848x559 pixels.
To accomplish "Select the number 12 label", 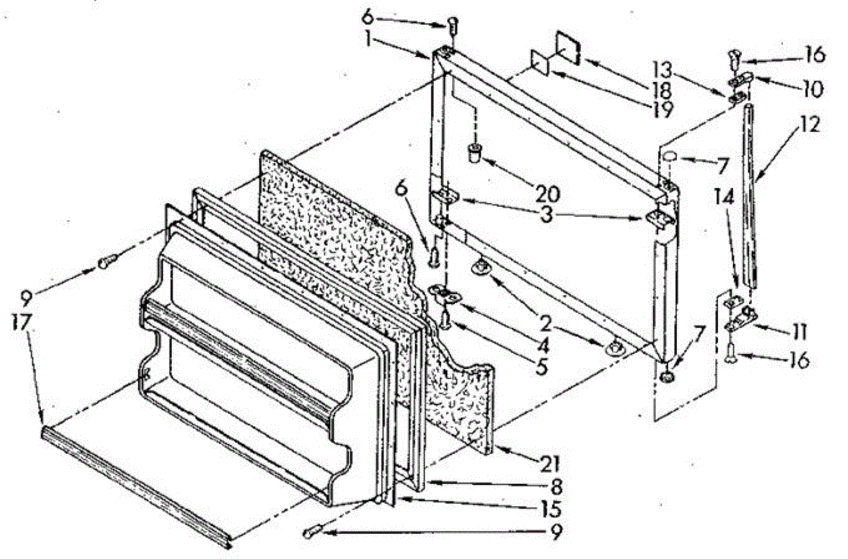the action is (810, 124).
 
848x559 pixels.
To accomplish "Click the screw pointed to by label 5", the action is (446, 322).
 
